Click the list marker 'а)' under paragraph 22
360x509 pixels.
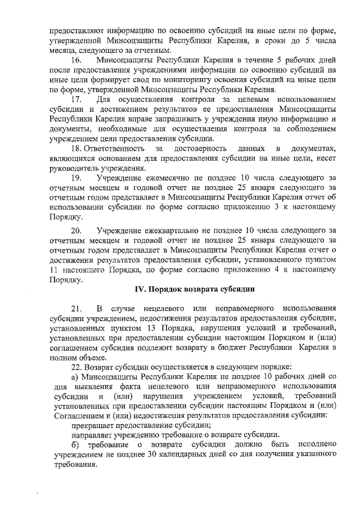74,376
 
